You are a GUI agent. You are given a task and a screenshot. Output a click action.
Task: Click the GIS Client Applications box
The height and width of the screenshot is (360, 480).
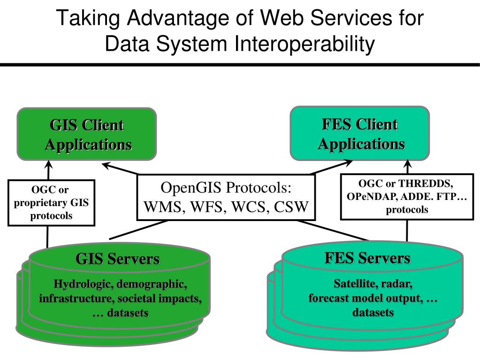coord(87,134)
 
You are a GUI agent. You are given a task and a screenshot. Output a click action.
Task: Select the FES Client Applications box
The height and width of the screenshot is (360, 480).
coord(360,133)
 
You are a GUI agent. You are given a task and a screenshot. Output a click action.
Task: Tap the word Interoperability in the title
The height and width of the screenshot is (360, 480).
coord(305,44)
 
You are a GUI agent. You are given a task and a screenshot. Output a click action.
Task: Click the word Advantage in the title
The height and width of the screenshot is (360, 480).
coord(178,18)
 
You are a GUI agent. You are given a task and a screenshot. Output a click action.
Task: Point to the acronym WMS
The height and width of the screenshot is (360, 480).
coord(162,207)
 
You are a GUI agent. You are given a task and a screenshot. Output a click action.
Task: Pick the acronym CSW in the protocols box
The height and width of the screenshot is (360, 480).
coord(291,207)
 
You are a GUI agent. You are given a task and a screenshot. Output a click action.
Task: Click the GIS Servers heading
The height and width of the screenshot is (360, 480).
coord(118,259)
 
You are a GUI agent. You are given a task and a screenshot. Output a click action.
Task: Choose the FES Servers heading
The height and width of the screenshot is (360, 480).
coord(367,258)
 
